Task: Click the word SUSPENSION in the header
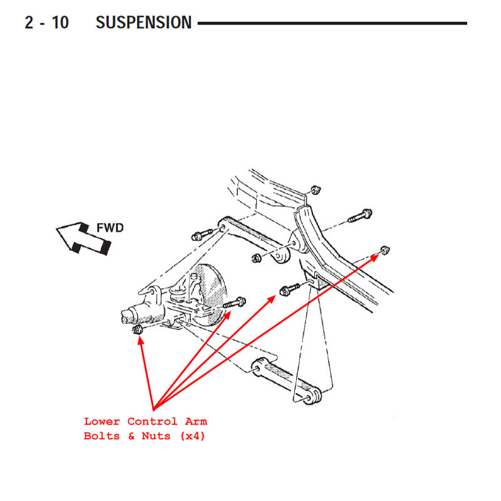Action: [x=143, y=23]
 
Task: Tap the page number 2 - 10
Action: [x=47, y=23]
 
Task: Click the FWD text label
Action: [x=110, y=228]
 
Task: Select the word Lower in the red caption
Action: [x=102, y=421]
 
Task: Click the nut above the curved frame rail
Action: [x=316, y=189]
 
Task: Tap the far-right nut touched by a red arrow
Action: [x=385, y=250]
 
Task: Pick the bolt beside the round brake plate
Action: [x=235, y=304]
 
